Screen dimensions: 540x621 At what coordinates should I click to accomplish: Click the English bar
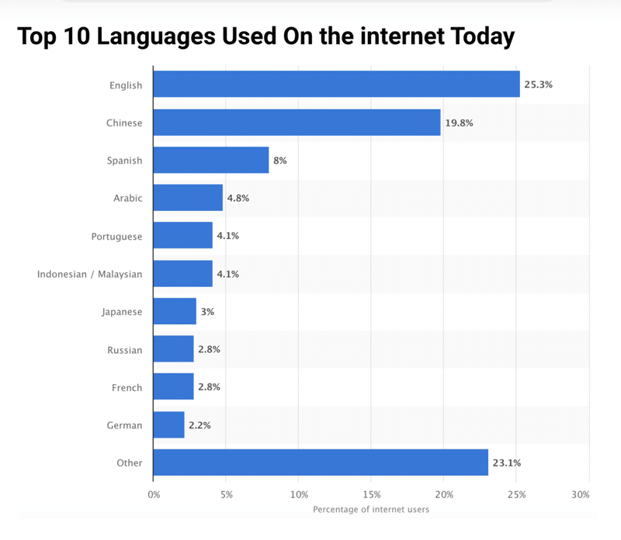coord(336,84)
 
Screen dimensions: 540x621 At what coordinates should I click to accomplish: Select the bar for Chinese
coord(297,123)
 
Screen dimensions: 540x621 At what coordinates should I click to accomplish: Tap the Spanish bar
coord(211,160)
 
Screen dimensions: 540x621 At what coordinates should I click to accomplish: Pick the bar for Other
coord(321,462)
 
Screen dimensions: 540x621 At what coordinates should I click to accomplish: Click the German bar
coord(168,425)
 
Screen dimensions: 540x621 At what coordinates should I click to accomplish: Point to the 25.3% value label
coord(538,84)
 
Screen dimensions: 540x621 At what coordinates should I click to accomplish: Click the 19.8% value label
coord(459,123)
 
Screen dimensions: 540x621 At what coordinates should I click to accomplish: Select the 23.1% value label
coord(506,462)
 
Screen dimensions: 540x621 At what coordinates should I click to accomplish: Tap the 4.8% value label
coord(237,198)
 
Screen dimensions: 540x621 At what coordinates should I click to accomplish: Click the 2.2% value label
coord(199,425)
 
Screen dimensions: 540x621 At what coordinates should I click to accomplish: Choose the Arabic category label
coord(128,198)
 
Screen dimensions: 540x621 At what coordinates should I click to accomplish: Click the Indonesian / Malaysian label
coord(90,274)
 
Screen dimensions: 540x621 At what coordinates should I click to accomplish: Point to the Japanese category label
coord(122,312)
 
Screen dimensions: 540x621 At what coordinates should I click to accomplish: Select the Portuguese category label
coord(117,236)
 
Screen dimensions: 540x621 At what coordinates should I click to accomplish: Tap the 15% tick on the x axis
coord(371,494)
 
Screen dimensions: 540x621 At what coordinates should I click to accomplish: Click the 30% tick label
coord(581,494)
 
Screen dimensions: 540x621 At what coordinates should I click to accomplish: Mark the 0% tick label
coord(154,494)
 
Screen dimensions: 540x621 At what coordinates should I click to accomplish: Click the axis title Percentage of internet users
coord(371,510)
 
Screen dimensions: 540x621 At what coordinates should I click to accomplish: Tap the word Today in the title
coord(474,36)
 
